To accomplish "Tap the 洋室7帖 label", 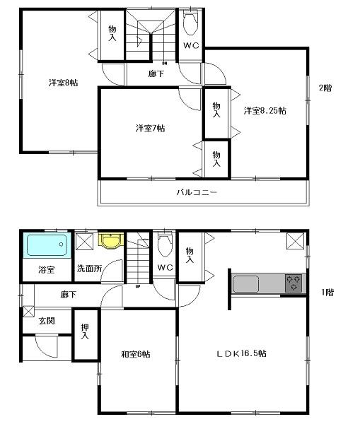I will (x=151, y=129).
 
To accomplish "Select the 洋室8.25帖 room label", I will (x=265, y=110).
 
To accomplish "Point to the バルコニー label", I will (x=197, y=192).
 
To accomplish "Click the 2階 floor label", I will (x=325, y=88).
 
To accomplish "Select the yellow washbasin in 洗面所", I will (x=109, y=242).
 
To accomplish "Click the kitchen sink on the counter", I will (x=245, y=284).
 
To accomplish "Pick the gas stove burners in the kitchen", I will (x=293, y=283).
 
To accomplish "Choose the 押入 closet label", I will (x=85, y=331).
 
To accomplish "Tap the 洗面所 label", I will (x=90, y=269).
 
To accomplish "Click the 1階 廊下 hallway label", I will (x=68, y=295).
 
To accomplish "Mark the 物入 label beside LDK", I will (x=190, y=255).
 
